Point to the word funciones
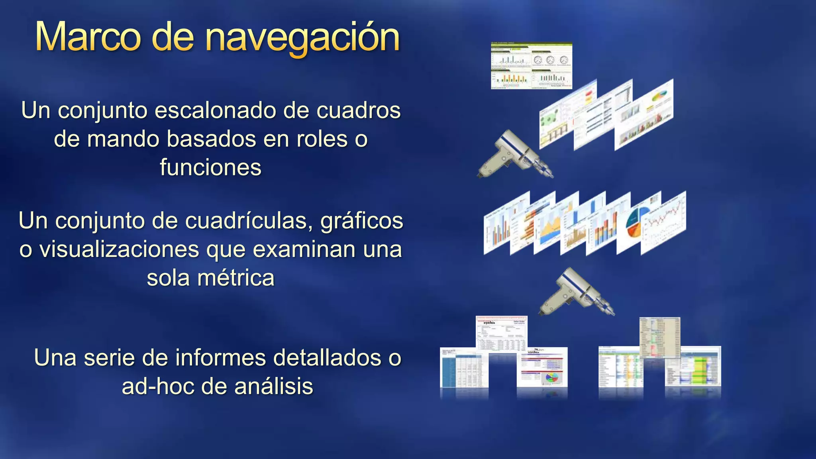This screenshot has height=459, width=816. pyautogui.click(x=210, y=167)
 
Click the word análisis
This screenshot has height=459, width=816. pyautogui.click(x=274, y=386)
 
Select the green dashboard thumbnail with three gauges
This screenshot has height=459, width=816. pyautogui.click(x=531, y=66)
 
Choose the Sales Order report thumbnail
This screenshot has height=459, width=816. pyautogui.click(x=501, y=333)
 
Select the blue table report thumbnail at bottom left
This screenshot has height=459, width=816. pyautogui.click(x=463, y=367)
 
